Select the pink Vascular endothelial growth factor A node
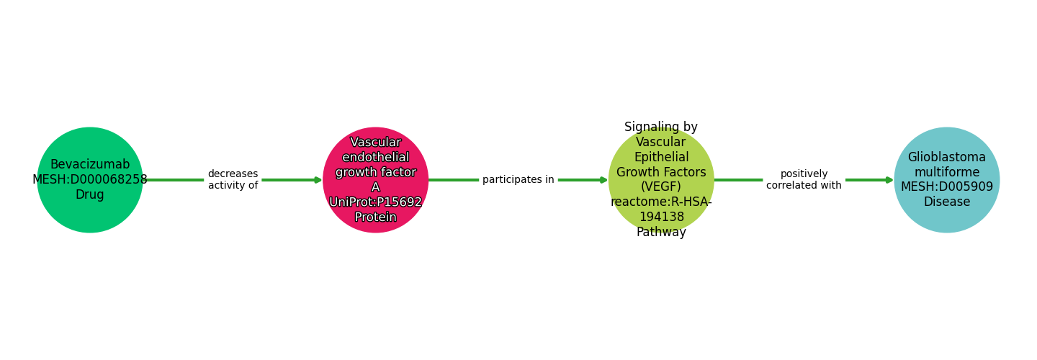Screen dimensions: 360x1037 [x=375, y=180]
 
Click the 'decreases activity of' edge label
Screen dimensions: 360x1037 [x=233, y=180]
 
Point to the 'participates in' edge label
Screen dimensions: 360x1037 [x=518, y=180]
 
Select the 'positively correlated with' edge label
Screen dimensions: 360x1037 [x=804, y=180]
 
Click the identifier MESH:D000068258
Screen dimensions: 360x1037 [x=90, y=180]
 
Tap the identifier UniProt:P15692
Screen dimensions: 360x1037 [x=375, y=202]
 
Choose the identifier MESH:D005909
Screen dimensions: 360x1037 [x=947, y=187]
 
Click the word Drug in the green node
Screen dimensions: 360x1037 [x=90, y=195]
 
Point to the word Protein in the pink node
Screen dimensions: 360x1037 [x=375, y=217]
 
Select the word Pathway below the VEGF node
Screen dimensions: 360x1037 [x=661, y=233]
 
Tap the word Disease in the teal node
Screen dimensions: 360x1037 [x=947, y=202]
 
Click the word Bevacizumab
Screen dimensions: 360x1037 [x=90, y=165]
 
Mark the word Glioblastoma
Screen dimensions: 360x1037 [x=947, y=157]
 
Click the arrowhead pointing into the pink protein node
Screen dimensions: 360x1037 [x=318, y=180]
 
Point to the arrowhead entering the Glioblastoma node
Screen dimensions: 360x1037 [x=889, y=180]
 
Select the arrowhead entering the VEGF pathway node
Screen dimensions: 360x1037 [x=603, y=180]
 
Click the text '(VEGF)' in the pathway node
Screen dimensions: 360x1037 [x=661, y=187]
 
